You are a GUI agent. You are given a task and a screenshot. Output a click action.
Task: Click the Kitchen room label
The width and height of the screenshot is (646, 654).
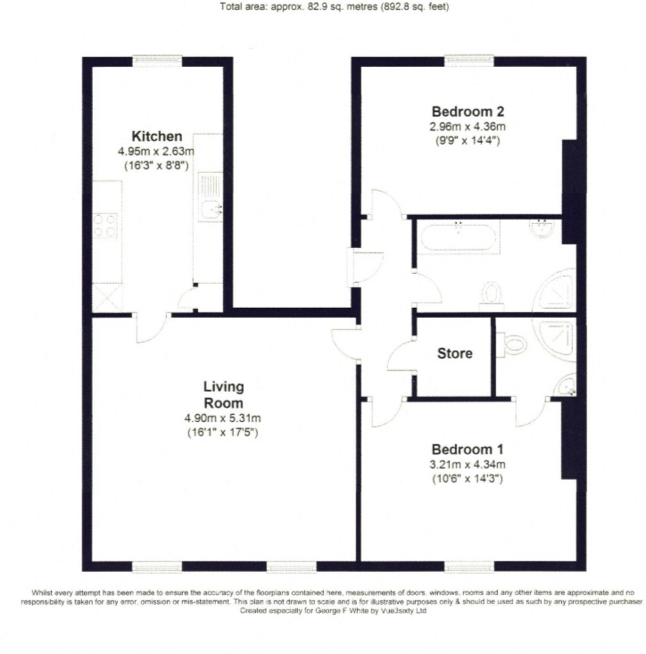point(157,137)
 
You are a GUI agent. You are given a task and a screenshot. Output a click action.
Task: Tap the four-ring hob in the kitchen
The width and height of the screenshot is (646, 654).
point(105,225)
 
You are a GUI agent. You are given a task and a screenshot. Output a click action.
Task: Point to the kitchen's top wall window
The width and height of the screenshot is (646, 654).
point(158,61)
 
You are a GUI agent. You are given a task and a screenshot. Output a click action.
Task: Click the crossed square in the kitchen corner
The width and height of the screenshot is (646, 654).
point(107,297)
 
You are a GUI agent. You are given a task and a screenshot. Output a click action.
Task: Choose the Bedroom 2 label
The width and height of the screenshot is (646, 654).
point(468,112)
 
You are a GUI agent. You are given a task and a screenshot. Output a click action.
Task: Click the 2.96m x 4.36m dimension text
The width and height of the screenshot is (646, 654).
point(468,127)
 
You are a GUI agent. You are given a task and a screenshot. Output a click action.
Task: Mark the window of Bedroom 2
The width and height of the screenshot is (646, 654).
point(469,61)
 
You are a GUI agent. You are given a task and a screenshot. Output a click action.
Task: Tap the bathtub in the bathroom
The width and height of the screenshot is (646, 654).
point(458,237)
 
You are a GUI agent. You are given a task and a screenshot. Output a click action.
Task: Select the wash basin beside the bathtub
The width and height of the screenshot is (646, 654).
point(543,228)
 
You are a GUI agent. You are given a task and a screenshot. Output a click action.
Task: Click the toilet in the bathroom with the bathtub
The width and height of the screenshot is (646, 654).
point(492,295)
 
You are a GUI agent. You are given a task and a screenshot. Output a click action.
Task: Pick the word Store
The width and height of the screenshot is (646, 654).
point(454,353)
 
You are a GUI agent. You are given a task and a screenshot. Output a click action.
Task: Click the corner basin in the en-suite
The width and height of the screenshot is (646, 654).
point(567,385)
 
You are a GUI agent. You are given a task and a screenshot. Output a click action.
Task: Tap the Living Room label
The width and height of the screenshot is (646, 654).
point(224,394)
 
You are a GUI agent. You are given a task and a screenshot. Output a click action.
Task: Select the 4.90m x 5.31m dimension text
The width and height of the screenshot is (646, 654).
point(223,418)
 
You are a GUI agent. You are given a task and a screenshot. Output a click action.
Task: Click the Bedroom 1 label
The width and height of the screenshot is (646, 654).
point(468,450)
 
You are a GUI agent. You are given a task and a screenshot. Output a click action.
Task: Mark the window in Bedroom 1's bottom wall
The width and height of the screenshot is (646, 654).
point(469,567)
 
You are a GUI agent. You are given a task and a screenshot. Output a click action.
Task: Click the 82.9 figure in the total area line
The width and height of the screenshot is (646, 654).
point(317,6)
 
